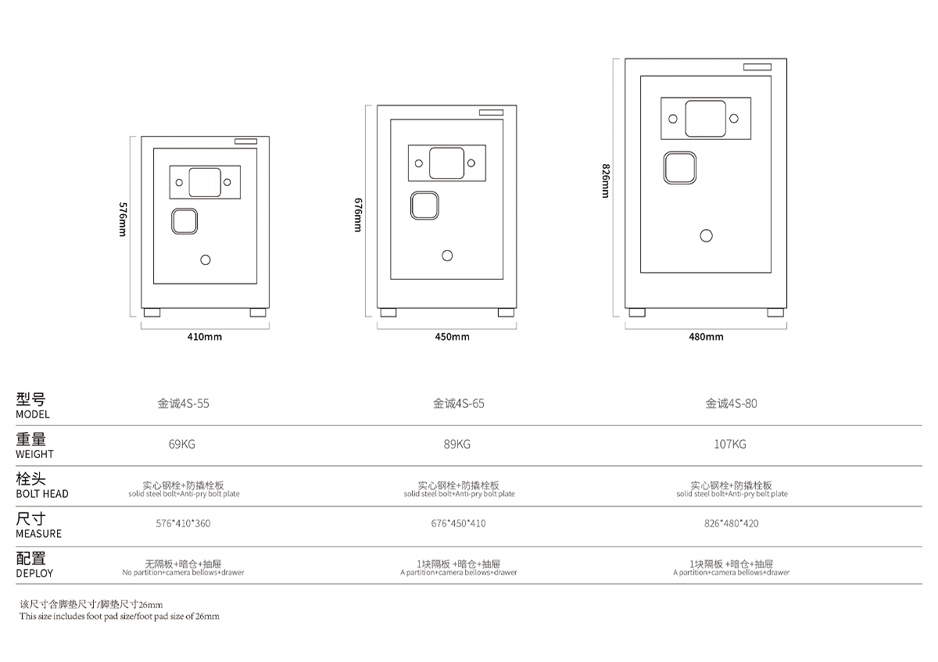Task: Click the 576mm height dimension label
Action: pos(123,220)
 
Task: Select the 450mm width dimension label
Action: pos(453,337)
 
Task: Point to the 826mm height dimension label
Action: pos(606,181)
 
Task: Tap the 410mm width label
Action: pos(204,337)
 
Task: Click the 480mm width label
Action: pos(706,337)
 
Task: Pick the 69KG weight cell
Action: pos(181,444)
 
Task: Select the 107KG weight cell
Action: pos(730,444)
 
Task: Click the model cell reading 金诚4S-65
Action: pos(459,403)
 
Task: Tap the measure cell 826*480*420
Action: pos(731,524)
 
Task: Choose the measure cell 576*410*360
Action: pos(183,524)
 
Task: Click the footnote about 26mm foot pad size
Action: pos(120,610)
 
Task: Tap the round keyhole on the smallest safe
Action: pos(205,260)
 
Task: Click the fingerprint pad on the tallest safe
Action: pos(679,168)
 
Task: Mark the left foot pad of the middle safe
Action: pos(388,313)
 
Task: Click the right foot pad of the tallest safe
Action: pos(775,313)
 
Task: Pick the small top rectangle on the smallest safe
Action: pos(245,141)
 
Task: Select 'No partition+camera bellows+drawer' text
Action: pos(183,572)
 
